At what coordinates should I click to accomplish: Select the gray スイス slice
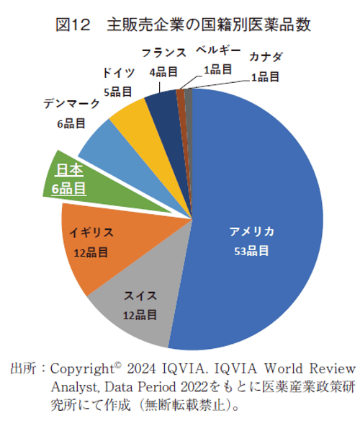133,310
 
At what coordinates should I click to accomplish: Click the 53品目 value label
251,251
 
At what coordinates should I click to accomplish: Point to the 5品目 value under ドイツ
117,92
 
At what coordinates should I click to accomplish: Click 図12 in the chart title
72,25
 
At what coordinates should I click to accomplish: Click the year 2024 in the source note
143,368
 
